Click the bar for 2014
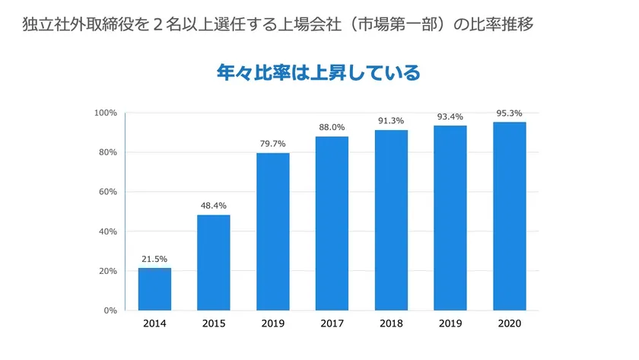click(154, 289)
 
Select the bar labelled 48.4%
click(214, 263)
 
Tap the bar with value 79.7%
click(273, 231)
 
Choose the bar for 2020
click(509, 216)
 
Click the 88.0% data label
click(332, 127)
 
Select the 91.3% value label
click(391, 121)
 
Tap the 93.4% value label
click(450, 116)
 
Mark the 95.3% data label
click(509, 113)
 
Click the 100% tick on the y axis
click(105, 113)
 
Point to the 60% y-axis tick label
click(107, 192)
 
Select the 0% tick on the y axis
click(110, 311)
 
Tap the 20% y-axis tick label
click(107, 271)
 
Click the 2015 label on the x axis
click(214, 323)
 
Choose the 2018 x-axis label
click(391, 323)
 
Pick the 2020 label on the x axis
click(509, 323)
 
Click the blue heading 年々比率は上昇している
click(319, 73)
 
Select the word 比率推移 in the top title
click(501, 24)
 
